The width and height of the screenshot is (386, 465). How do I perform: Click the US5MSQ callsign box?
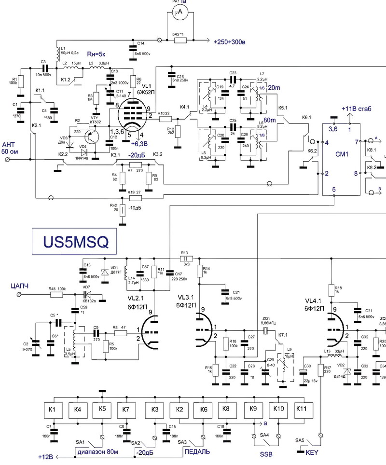[74, 240]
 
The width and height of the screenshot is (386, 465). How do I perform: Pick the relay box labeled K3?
[155, 410]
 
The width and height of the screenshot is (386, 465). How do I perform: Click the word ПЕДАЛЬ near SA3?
[197, 451]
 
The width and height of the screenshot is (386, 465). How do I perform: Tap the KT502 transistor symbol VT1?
[89, 138]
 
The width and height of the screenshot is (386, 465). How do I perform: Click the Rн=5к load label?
[99, 55]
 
